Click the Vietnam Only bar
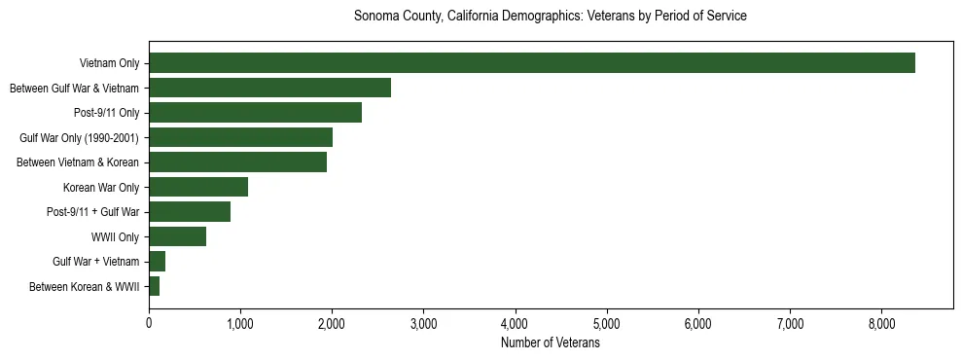click(531, 63)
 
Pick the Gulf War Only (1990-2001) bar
click(240, 137)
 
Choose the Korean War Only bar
click(198, 187)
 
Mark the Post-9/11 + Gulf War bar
click(190, 212)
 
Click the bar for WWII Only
click(177, 236)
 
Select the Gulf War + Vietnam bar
click(158, 262)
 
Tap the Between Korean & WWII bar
click(155, 286)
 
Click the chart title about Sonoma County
click(551, 17)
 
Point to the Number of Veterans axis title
click(551, 343)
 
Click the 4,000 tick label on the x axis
click(515, 324)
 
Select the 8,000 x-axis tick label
click(881, 324)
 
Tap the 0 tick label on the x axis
click(149, 324)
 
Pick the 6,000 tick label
click(698, 324)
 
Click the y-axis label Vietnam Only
click(109, 63)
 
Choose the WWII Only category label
click(115, 236)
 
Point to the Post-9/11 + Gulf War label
click(92, 212)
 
